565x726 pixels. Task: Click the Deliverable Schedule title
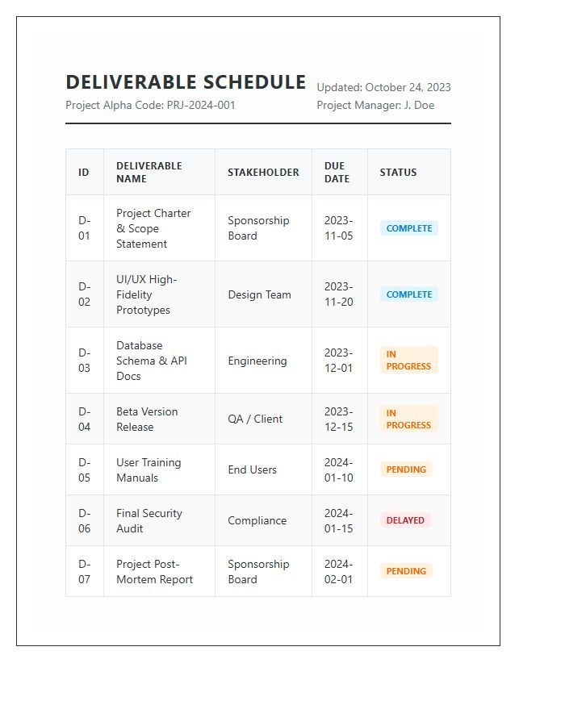pos(186,82)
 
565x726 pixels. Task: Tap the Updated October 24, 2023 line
pos(383,87)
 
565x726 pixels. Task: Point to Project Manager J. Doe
pos(375,105)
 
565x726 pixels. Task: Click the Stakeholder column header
pos(263,172)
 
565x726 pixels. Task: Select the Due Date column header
pos(337,172)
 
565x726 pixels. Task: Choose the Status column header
pos(398,172)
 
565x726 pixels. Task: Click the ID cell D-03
pos(85,361)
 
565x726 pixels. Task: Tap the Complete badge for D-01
pos(408,228)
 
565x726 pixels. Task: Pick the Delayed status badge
pos(405,520)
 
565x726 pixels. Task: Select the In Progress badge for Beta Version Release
pos(408,419)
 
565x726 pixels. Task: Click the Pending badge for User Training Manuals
pos(406,469)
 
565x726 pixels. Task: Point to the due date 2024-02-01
pos(339,571)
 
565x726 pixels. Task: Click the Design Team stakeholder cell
pos(259,294)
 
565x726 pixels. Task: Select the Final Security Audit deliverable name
pos(149,520)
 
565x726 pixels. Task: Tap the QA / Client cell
pos(255,419)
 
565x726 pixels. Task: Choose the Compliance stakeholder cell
pos(257,520)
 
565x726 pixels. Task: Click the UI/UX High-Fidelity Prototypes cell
pos(146,294)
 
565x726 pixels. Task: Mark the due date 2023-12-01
pos(339,361)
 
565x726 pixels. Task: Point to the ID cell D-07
pos(85,571)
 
